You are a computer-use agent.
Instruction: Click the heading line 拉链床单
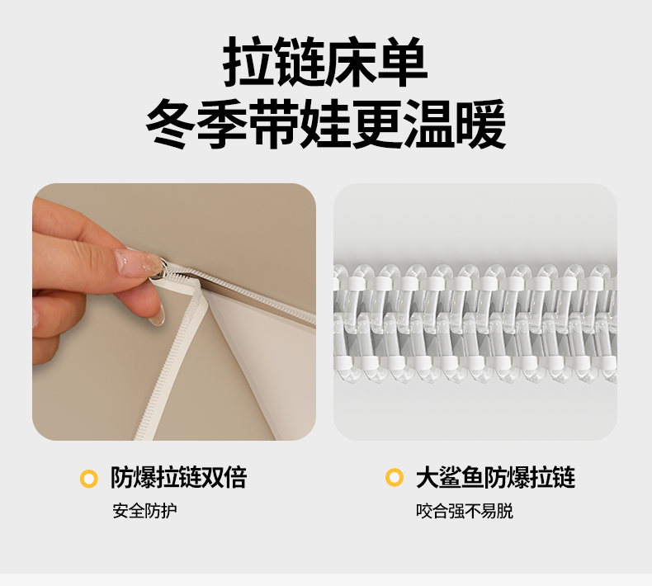click(325, 62)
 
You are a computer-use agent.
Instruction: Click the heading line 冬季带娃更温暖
click(325, 124)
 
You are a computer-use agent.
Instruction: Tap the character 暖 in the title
click(480, 124)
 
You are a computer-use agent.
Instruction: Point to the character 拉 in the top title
click(248, 62)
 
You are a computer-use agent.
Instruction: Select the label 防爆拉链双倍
click(179, 477)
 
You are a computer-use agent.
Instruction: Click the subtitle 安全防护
click(144, 511)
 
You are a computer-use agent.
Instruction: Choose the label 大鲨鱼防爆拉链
click(496, 477)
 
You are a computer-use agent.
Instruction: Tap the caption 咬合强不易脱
click(465, 511)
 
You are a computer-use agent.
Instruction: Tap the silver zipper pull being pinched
click(160, 269)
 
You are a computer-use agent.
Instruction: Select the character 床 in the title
click(352, 62)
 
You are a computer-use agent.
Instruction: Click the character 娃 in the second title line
click(325, 124)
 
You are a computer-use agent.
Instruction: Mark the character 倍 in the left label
click(236, 477)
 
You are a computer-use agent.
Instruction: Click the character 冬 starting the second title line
click(171, 124)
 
